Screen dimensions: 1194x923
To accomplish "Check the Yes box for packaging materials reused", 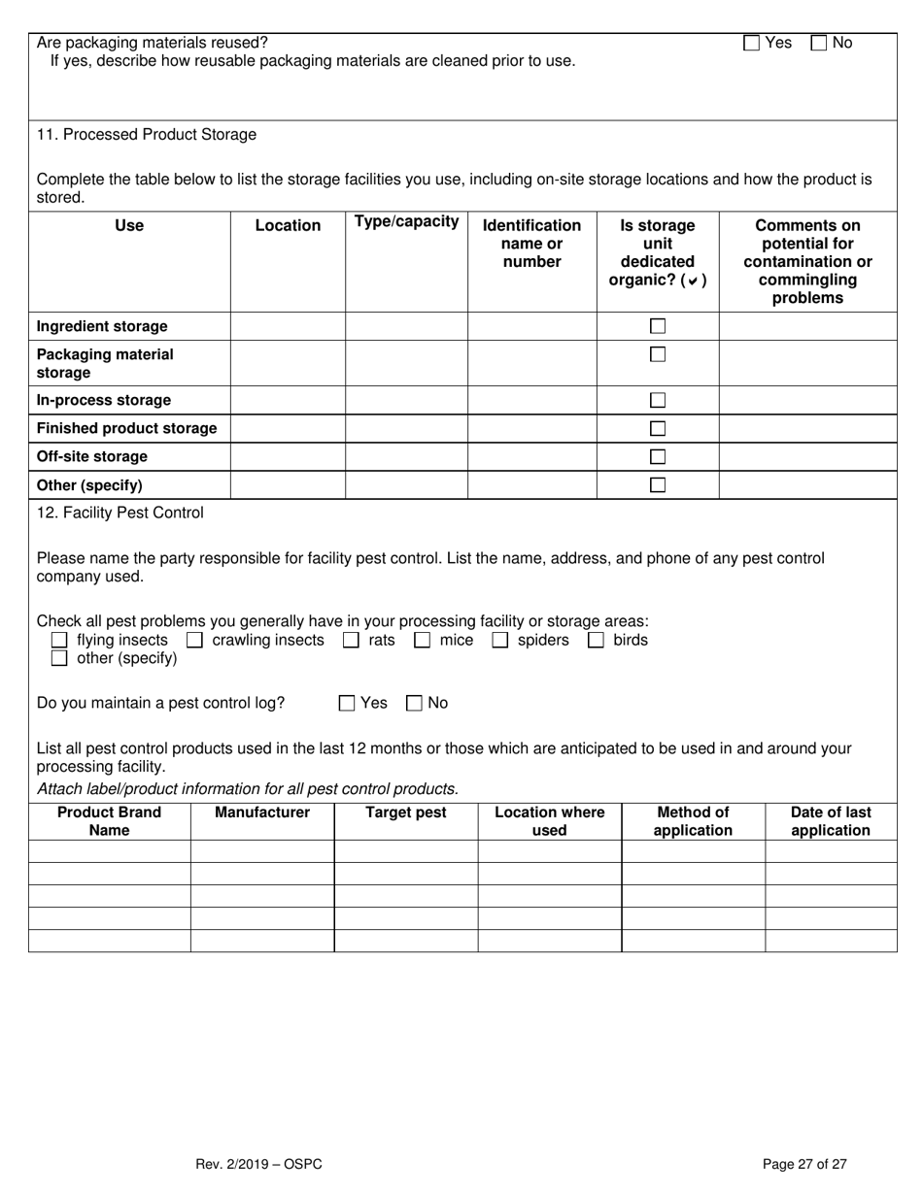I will tap(751, 43).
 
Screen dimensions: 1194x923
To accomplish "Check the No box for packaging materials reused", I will tap(818, 43).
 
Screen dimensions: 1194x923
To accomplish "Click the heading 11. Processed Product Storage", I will tap(147, 134).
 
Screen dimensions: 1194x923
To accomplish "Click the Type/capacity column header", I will tap(406, 221).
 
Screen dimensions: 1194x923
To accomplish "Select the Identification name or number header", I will tap(531, 243).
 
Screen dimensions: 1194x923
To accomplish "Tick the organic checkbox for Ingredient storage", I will tap(658, 326).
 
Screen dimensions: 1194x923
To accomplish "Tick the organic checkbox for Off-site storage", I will tap(658, 456).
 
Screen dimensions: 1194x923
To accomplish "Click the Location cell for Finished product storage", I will tap(288, 428).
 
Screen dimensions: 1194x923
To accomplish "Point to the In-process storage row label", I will tap(103, 400).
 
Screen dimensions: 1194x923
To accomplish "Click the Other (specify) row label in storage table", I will tap(89, 484).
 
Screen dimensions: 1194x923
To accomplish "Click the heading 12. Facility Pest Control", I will tap(120, 512).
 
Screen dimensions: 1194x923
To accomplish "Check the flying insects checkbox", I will tap(59, 640).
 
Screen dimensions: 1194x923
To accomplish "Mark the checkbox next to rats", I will tap(351, 640).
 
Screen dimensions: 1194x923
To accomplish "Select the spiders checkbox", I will tap(499, 640).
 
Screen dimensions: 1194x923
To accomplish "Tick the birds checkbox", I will tap(596, 640).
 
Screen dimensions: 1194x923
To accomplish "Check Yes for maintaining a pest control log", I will tap(347, 703).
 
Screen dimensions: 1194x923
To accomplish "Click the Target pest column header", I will tap(405, 813).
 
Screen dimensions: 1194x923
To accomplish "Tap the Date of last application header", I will tap(831, 821).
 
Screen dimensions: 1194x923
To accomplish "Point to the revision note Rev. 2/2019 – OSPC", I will tap(258, 1164).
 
